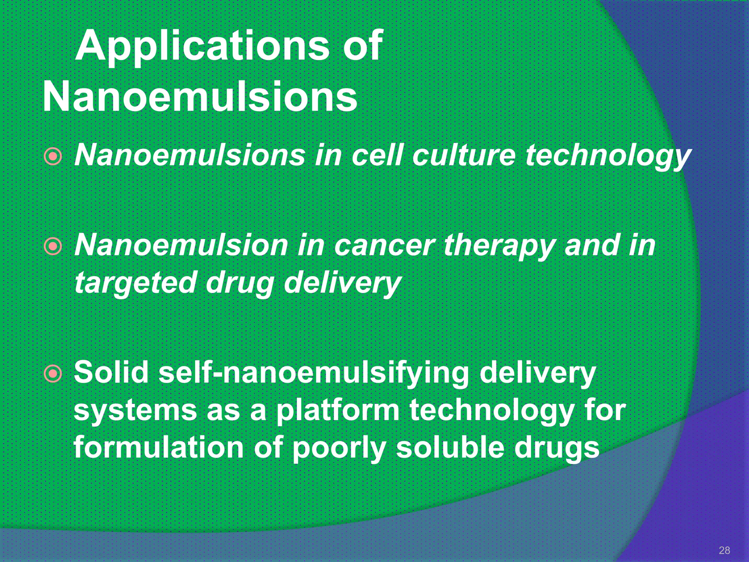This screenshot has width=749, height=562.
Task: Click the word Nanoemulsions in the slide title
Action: [x=200, y=97]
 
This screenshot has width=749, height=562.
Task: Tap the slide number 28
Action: [x=724, y=550]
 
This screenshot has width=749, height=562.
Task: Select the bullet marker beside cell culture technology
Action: [x=53, y=157]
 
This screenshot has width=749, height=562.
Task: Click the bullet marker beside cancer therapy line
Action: [x=53, y=247]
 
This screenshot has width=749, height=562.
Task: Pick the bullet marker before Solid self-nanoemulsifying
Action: [x=53, y=374]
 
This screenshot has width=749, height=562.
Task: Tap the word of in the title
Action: [x=362, y=47]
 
